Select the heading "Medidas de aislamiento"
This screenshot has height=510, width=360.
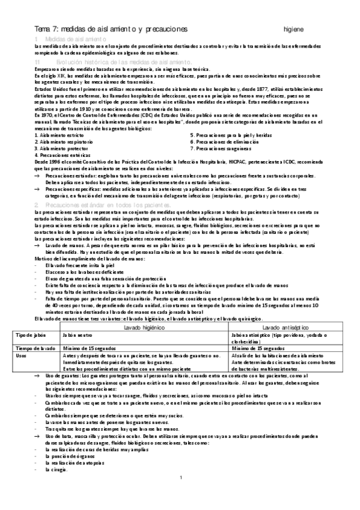(67, 38)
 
